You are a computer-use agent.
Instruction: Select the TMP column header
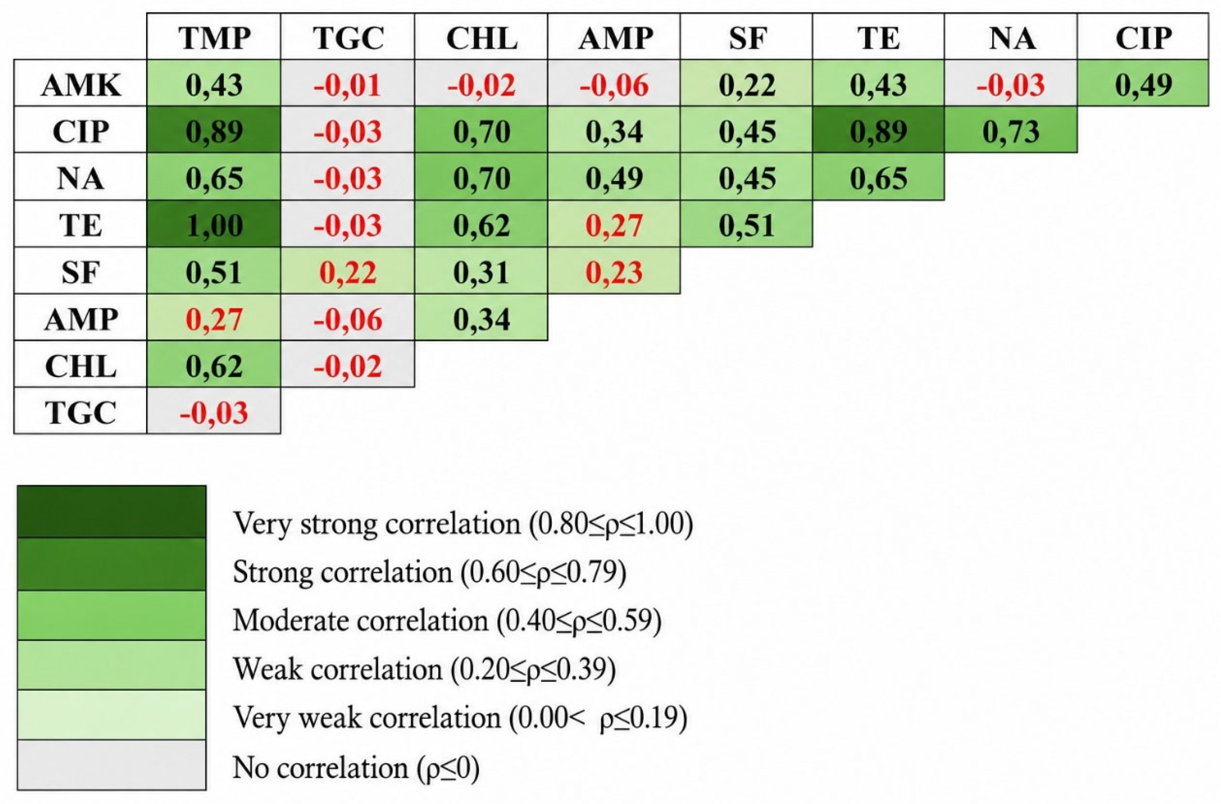point(214,36)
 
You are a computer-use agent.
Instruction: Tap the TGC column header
point(347,36)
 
